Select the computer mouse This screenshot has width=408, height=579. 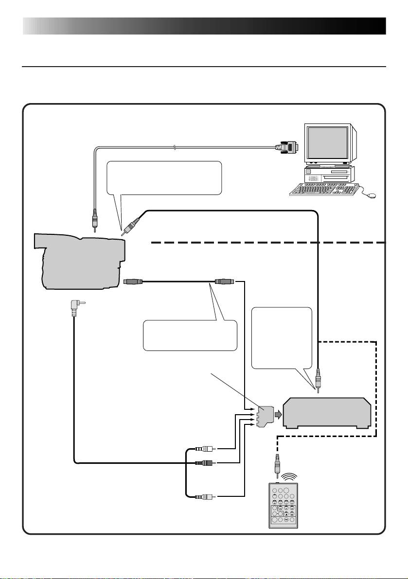coord(372,195)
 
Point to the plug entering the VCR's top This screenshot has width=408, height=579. coord(318,380)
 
